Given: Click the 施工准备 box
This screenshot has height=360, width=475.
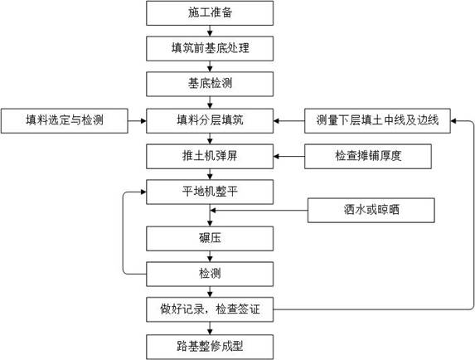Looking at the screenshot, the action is click(210, 12).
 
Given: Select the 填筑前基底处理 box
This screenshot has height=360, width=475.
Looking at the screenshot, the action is click(210, 48).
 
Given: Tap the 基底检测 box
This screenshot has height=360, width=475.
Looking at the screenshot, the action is click(210, 84).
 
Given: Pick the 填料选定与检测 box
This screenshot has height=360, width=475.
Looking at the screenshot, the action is click(65, 120).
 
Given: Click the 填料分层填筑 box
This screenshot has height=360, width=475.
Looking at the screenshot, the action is click(210, 120).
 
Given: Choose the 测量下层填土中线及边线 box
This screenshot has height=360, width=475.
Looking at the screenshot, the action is click(377, 120).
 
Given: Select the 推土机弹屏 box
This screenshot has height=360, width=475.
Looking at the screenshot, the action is click(210, 157).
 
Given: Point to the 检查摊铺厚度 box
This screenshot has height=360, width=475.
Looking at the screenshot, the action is click(368, 157).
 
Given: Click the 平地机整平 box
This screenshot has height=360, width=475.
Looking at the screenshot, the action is click(210, 192).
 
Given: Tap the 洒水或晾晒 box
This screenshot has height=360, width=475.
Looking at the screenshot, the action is click(371, 211).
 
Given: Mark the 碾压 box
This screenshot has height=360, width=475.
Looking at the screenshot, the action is click(210, 239).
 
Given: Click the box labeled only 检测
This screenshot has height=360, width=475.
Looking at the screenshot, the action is click(210, 274).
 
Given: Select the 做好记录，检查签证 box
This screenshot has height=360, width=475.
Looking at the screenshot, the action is click(210, 309).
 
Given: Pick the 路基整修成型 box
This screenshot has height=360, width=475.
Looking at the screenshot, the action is click(210, 347).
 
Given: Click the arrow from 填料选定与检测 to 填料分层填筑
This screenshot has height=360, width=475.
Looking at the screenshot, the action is click(137, 120).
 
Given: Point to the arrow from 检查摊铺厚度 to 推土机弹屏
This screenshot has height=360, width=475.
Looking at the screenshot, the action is click(289, 157).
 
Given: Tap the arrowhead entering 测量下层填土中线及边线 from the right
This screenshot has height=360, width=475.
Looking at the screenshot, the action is click(453, 120).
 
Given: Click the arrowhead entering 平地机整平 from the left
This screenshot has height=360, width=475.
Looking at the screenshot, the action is click(143, 192).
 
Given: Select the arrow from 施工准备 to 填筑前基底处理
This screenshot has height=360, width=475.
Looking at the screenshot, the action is click(210, 31).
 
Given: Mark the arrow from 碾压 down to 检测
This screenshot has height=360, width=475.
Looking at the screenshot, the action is click(210, 256).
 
